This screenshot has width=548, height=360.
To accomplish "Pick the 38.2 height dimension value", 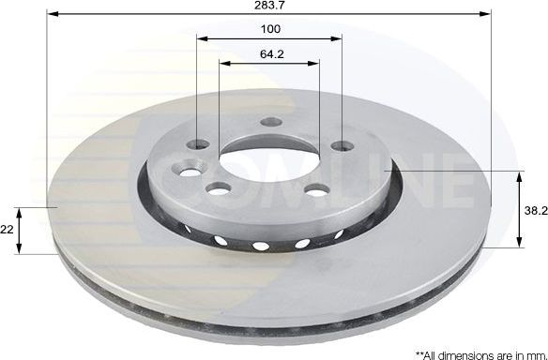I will coord(536,211).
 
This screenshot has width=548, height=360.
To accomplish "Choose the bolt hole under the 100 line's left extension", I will coord(198,144).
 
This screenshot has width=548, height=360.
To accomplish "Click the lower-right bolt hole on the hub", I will coord(314,190).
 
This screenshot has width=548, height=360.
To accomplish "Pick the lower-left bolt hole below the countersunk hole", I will coord(219,190).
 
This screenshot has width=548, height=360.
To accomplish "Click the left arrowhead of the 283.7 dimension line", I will coord(53,15).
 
